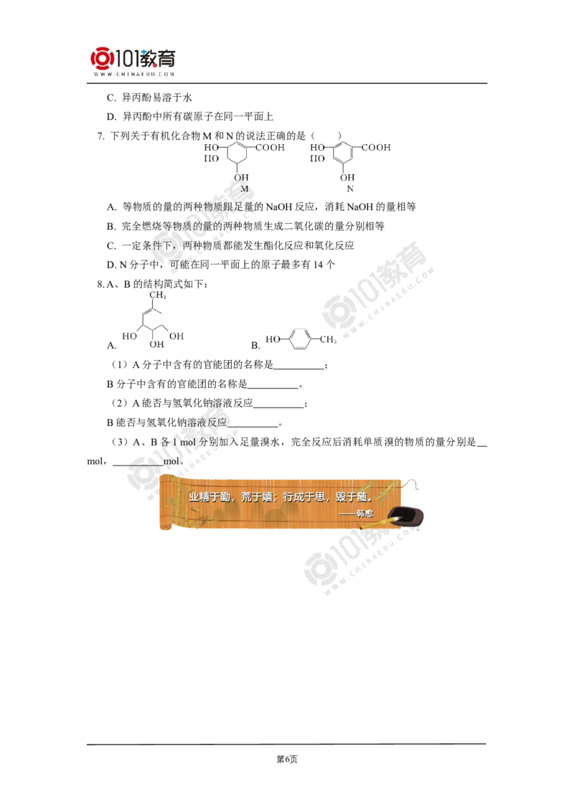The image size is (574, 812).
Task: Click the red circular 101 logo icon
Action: (x=101, y=59)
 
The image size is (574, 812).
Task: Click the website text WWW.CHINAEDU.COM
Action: (x=133, y=74)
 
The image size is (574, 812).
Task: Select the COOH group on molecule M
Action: (x=271, y=148)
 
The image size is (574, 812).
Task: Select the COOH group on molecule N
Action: (x=376, y=148)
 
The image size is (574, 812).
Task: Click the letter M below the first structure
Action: (x=244, y=189)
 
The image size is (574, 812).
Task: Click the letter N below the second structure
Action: (x=349, y=189)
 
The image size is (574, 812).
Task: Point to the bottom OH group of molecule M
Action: (x=242, y=176)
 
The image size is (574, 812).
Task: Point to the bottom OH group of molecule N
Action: (x=347, y=176)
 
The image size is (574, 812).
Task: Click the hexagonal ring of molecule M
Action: (x=239, y=153)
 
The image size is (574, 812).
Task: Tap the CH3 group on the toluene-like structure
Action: (x=328, y=339)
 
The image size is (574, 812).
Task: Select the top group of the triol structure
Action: (x=157, y=293)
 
